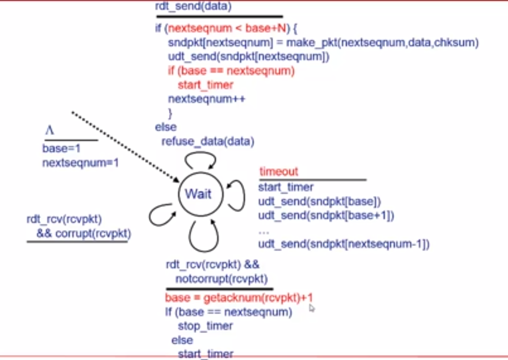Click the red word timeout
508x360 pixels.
(x=279, y=171)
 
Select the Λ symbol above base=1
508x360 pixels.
(x=50, y=130)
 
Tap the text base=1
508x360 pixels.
(x=61, y=149)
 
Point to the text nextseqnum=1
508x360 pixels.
(x=81, y=163)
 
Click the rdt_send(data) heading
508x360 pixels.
(x=194, y=6)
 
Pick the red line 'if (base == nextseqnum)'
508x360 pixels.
(x=231, y=71)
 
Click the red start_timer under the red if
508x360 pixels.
(x=206, y=85)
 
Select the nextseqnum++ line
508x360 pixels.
(x=207, y=99)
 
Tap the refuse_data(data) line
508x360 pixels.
(x=208, y=141)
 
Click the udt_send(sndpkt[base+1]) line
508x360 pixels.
(x=326, y=215)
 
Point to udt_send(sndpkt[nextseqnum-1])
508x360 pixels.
(x=344, y=244)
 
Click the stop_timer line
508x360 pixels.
(x=205, y=326)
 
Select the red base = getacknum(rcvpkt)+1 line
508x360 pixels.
(x=239, y=297)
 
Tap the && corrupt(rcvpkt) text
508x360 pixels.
(x=84, y=234)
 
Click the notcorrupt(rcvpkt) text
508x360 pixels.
(x=222, y=279)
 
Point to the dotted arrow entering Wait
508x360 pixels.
(x=126, y=147)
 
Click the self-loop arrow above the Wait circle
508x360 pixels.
(x=200, y=152)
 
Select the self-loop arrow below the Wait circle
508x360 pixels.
(x=204, y=251)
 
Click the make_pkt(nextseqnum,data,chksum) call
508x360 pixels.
(x=382, y=43)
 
